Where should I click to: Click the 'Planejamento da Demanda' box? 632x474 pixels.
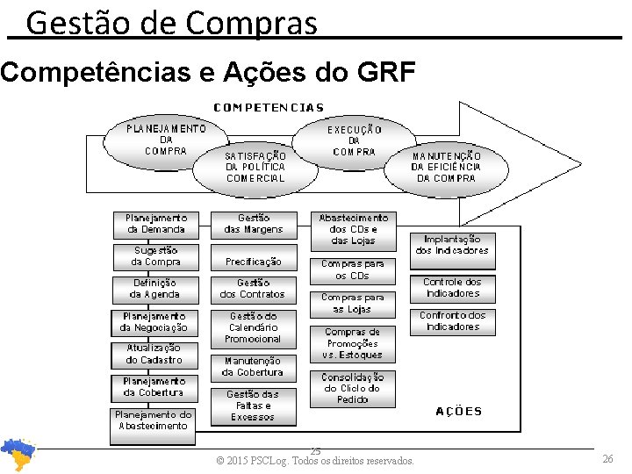pyautogui.click(x=156, y=224)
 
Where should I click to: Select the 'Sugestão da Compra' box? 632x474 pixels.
pyautogui.click(x=156, y=256)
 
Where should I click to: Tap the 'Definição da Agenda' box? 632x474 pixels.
pyautogui.click(x=155, y=289)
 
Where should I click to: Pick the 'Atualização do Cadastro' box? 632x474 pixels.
pyautogui.click(x=154, y=354)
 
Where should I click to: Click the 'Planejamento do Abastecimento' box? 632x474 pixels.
pyautogui.click(x=154, y=420)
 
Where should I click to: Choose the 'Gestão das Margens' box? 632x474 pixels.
pyautogui.click(x=254, y=224)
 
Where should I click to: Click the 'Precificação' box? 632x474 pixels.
pyautogui.click(x=254, y=262)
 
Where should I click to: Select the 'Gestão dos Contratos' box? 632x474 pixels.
pyautogui.click(x=254, y=289)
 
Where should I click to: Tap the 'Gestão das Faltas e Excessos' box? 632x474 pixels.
pyautogui.click(x=253, y=406)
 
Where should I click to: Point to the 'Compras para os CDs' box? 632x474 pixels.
pyautogui.click(x=353, y=269)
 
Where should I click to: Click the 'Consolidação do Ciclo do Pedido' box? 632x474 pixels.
pyautogui.click(x=353, y=388)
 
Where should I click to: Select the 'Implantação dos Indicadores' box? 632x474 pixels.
pyautogui.click(x=452, y=244)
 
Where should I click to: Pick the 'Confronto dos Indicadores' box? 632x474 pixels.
pyautogui.click(x=452, y=321)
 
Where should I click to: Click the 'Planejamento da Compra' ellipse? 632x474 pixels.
pyautogui.click(x=166, y=140)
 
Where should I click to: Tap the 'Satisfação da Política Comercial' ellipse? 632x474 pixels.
pyautogui.click(x=255, y=167)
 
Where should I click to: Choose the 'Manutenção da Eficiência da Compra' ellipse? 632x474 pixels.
pyautogui.click(x=447, y=167)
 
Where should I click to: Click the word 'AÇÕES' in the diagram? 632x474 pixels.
pyautogui.click(x=459, y=412)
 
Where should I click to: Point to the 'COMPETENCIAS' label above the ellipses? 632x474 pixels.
pyautogui.click(x=269, y=108)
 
